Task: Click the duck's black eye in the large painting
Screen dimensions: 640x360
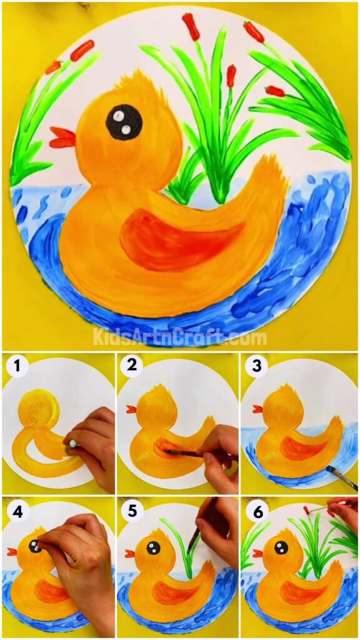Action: tap(124, 122)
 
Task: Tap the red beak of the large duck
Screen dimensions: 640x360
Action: tap(62, 138)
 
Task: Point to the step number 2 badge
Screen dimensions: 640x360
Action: tap(132, 367)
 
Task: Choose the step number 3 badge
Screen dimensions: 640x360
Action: tap(256, 367)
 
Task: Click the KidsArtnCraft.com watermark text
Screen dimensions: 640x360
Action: tap(180, 337)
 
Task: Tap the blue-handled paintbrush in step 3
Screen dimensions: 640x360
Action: tap(341, 478)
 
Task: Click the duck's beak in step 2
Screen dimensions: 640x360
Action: tap(131, 410)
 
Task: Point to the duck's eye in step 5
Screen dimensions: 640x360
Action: tap(153, 548)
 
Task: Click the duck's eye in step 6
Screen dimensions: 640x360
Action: tap(281, 548)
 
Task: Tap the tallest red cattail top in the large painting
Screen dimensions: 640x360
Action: tap(191, 26)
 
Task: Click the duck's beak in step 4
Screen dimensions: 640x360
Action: tap(12, 552)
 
